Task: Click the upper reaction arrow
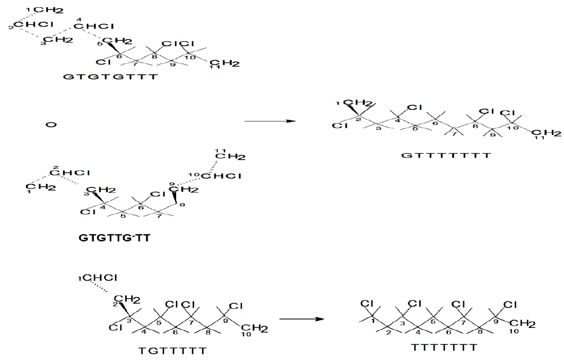point(270,121)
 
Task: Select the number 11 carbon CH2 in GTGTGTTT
point(226,64)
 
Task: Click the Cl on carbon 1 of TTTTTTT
point(366,304)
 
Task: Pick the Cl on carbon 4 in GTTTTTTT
point(414,107)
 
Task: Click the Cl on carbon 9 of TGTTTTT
point(236,305)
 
